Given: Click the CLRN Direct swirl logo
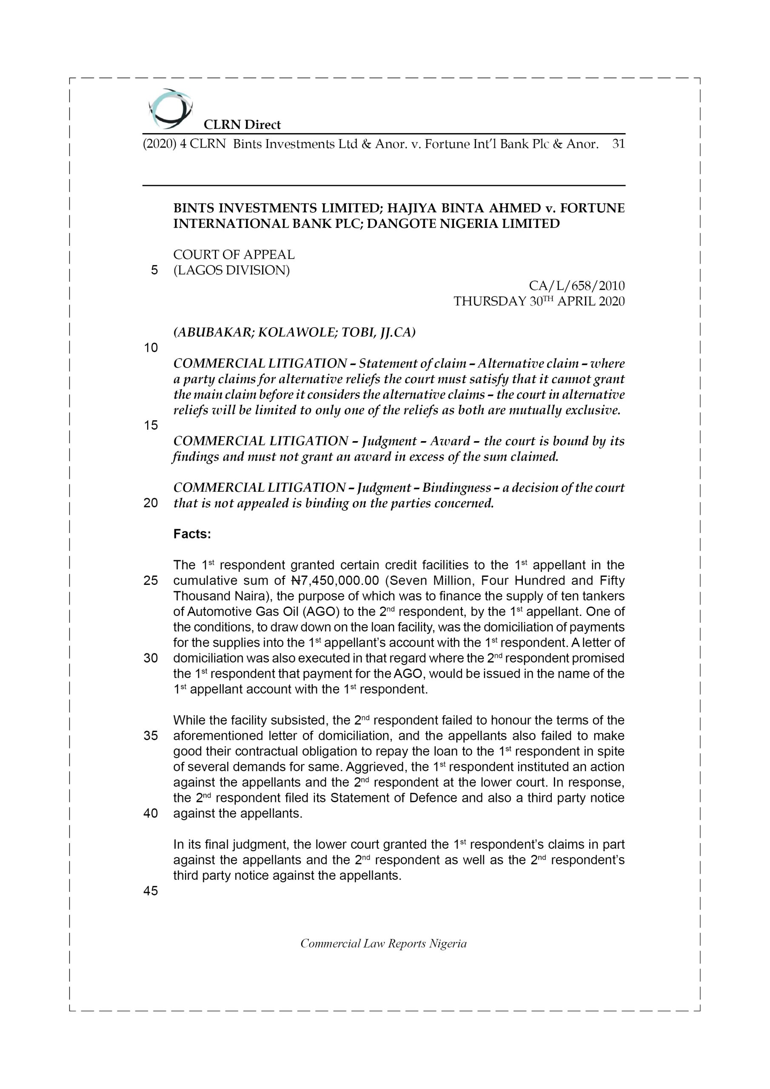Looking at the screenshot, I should point(170,109).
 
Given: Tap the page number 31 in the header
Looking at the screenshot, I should point(618,144).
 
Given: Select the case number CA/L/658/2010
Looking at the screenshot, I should point(576,286).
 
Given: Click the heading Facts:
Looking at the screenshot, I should point(192,534).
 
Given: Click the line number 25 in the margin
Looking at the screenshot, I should point(151,581).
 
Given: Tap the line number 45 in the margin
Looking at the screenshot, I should point(151,891).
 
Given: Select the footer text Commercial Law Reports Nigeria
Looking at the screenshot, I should point(383,944).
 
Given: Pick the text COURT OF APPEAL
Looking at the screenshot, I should point(234,255).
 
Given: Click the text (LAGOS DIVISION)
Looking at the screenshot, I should point(231,271).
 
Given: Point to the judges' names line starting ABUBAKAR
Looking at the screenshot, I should point(294,333).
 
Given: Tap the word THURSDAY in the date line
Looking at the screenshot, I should point(490,302).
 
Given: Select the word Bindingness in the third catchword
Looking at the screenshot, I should point(456,487).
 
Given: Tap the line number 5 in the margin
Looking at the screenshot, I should point(154,271).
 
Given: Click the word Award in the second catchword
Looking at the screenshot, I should point(450,441).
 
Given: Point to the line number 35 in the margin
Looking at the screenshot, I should point(151,736).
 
